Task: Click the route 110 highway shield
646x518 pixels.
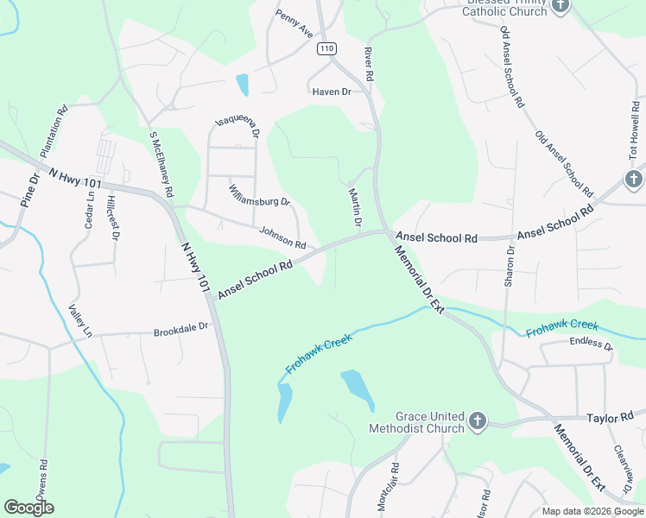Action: click(x=326, y=49)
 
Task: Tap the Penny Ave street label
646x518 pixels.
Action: click(x=294, y=24)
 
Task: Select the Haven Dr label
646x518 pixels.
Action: click(x=332, y=91)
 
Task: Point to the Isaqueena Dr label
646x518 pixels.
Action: click(x=237, y=129)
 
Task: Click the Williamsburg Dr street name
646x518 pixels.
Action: click(x=259, y=195)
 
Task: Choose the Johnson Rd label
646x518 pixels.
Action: click(x=283, y=237)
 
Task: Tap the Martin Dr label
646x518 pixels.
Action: click(x=354, y=208)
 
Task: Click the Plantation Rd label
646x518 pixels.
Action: click(x=53, y=129)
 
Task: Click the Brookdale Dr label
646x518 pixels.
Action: click(x=181, y=329)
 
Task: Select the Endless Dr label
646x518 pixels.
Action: click(x=591, y=344)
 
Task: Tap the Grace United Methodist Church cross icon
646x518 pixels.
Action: click(x=476, y=422)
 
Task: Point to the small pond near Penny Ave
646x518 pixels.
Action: click(x=243, y=85)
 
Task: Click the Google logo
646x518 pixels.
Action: click(x=28, y=508)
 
